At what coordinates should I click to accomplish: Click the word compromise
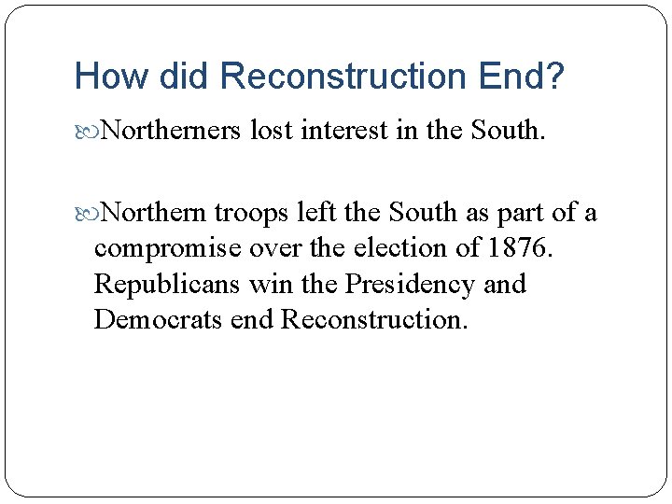pos(164,249)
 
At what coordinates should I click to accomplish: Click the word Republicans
pos(169,284)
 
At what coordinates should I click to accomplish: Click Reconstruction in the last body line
pos(371,319)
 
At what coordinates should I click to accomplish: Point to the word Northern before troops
pos(153,213)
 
